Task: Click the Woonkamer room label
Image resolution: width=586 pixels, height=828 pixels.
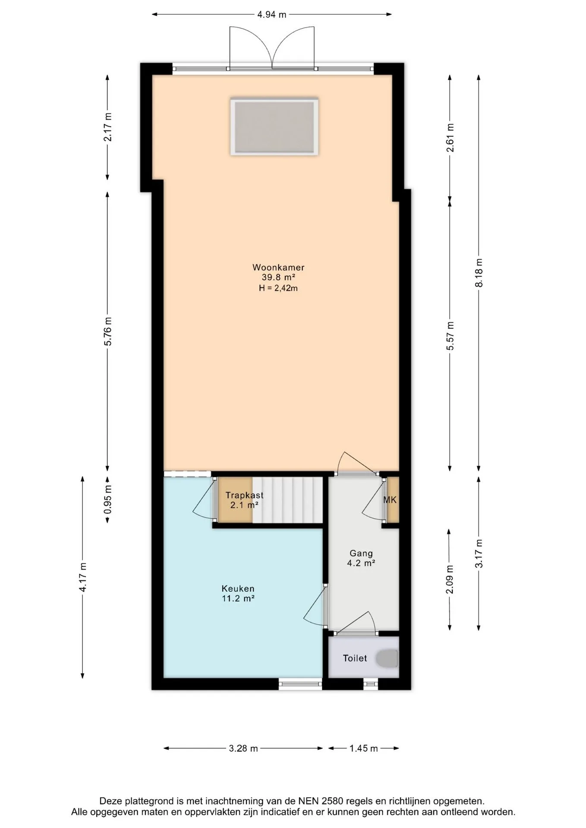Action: pos(278,267)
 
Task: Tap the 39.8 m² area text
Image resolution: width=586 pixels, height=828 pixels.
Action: pos(278,277)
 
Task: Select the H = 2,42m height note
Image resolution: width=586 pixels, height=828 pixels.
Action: pos(278,288)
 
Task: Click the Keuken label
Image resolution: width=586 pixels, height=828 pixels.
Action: pos(238,589)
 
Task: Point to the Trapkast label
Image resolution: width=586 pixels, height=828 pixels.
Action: pos(244,496)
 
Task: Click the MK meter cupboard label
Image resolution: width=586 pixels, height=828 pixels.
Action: pos(390,500)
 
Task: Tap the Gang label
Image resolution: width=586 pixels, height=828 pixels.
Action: pos(361,553)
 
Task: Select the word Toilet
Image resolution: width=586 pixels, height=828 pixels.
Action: pos(355,658)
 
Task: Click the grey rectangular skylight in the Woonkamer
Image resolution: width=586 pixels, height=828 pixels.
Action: pos(274,127)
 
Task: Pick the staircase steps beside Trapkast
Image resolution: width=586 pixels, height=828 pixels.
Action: pos(287,499)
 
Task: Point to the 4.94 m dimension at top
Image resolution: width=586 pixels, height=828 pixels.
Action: pos(272,15)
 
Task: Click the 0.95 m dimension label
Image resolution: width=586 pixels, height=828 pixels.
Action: pos(108,499)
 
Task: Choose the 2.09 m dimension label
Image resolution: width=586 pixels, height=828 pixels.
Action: pos(450,579)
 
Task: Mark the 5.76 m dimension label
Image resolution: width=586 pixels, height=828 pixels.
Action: pos(108,331)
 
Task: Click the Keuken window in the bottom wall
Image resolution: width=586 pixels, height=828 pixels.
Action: pos(300,684)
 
